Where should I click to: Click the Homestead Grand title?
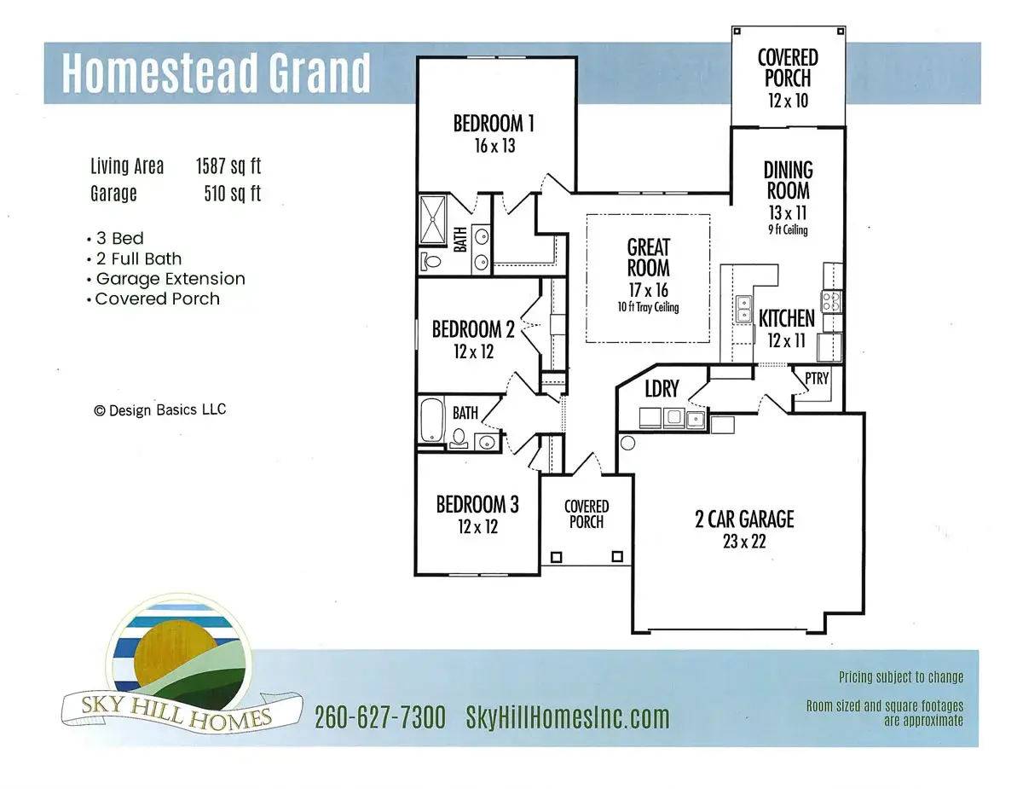(217, 73)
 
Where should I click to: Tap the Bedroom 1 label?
(494, 124)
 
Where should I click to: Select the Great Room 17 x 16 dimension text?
(649, 290)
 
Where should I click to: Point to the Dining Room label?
(788, 180)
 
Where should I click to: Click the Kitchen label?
(786, 319)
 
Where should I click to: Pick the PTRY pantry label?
(816, 379)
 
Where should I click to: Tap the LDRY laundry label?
(662, 389)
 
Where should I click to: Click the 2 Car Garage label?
(744, 519)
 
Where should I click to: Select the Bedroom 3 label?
(477, 504)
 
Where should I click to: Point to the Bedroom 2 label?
(473, 328)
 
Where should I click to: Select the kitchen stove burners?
(830, 300)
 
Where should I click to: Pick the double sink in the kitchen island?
(744, 306)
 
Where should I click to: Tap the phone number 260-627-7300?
(379, 718)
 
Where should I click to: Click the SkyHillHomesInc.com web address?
(567, 718)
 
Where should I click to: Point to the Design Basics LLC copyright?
(159, 410)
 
